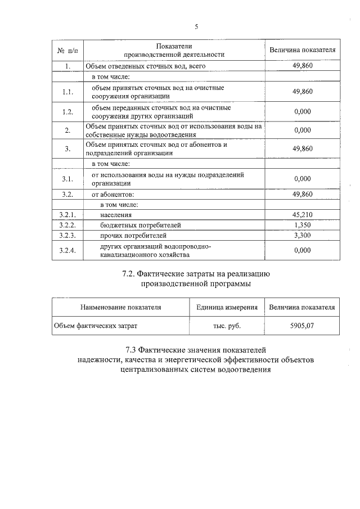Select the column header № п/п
[x=67, y=50]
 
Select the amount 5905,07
[x=302, y=325]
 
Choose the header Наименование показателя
[x=121, y=307]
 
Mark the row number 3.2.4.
[x=67, y=250]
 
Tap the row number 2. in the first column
[x=67, y=130]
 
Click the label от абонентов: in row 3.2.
[x=113, y=194]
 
